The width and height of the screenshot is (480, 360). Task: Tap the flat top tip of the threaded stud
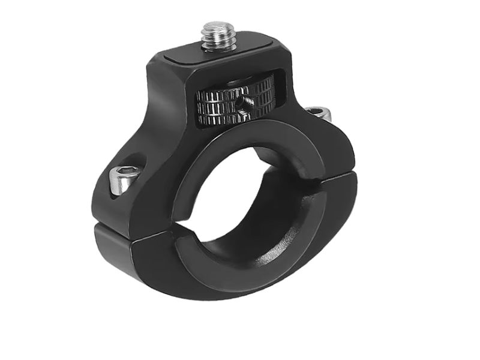217,26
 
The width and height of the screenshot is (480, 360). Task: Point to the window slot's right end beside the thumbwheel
276,90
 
